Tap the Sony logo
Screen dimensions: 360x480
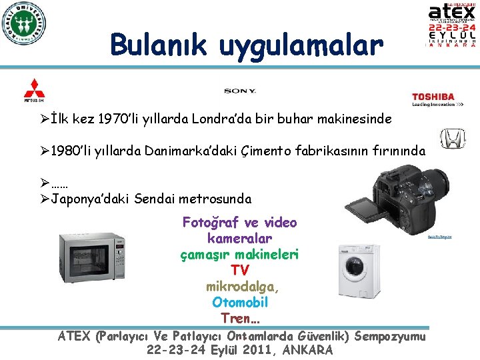coord(240,91)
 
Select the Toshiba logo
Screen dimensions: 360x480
coord(433,98)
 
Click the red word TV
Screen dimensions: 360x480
coord(240,270)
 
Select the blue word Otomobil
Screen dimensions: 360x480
coord(240,302)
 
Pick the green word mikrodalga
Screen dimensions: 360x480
coord(243,286)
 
